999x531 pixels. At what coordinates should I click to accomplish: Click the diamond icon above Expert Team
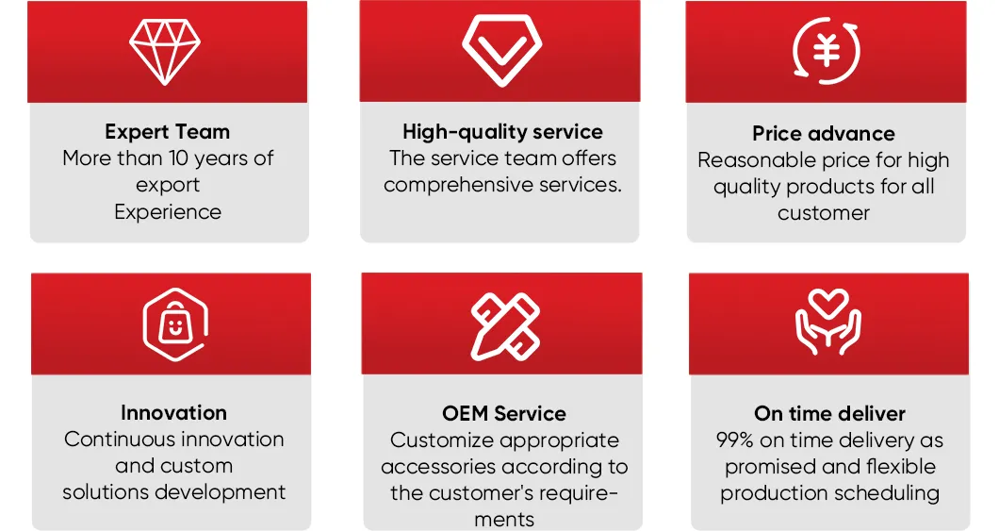[x=165, y=52]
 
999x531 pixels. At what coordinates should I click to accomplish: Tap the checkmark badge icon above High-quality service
[x=502, y=50]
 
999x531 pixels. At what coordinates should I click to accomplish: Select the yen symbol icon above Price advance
[x=827, y=50]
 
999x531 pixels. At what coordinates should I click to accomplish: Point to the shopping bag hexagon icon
[x=175, y=324]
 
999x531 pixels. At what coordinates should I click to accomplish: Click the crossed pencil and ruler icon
[x=505, y=326]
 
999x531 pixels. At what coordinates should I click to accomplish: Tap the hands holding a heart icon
[x=828, y=322]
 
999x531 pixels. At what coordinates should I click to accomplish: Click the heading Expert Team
[x=168, y=131]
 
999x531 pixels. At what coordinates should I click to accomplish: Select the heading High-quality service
[x=502, y=131]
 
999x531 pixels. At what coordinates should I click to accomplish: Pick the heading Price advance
[x=824, y=133]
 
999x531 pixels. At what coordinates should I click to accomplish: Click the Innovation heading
[x=174, y=412]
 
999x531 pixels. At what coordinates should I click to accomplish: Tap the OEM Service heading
[x=504, y=413]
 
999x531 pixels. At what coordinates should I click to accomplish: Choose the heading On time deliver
[x=829, y=413]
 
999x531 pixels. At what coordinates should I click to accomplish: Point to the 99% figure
[x=735, y=440]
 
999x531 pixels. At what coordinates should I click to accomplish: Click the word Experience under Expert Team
[x=168, y=211]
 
